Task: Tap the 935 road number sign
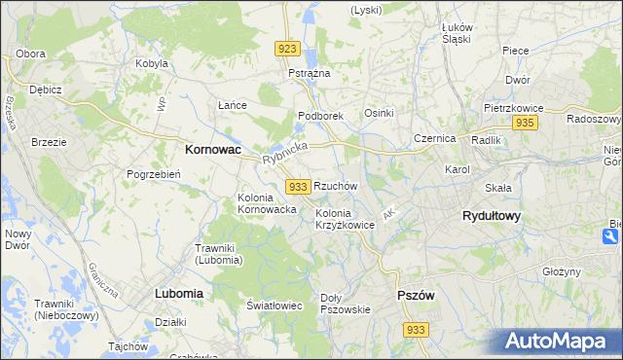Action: pos(526,123)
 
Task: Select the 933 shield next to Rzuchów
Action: pos(298,186)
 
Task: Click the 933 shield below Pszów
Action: pos(416,330)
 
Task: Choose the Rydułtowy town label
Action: pos(491,217)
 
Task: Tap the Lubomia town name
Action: pos(178,293)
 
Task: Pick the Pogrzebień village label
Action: pos(154,174)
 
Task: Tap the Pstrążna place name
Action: pos(310,73)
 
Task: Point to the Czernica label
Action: pos(434,138)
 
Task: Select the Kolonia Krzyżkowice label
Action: pos(345,219)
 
